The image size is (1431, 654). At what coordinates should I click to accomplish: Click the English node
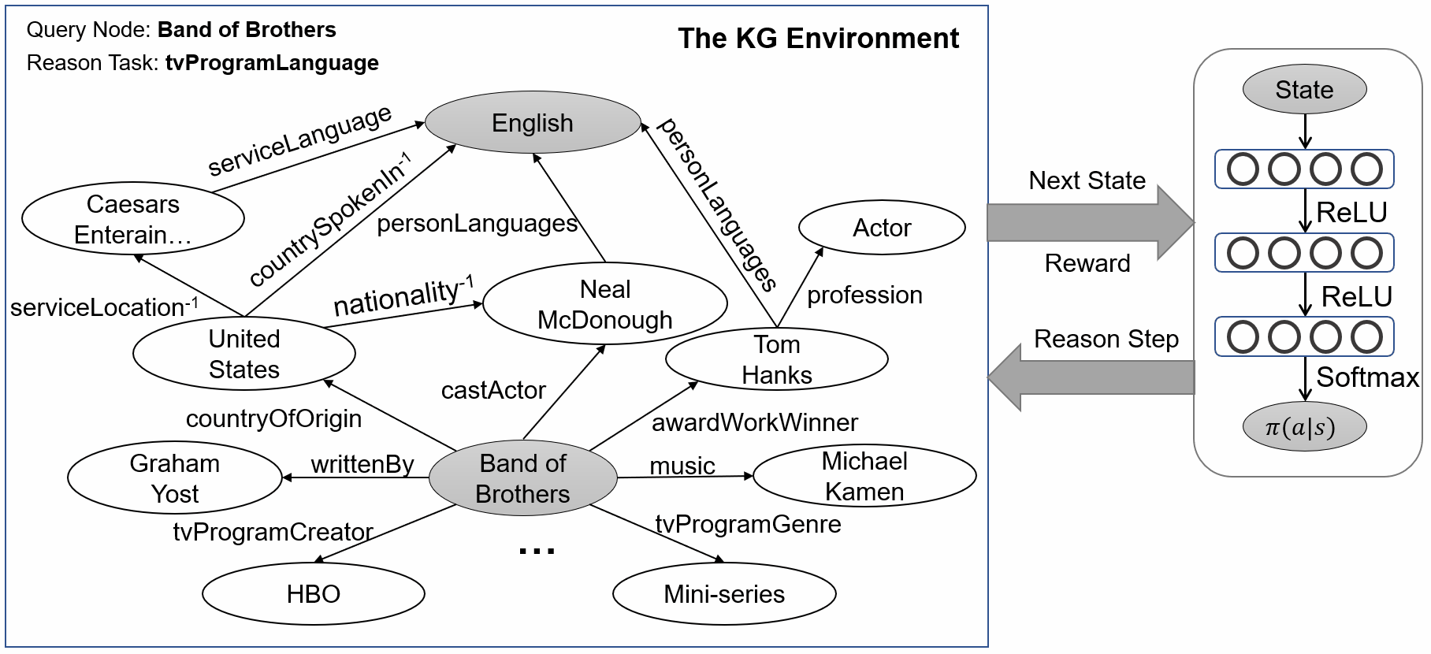coord(533,123)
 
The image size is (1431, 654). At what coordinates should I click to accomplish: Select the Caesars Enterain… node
coord(133,219)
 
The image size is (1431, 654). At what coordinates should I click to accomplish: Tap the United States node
coord(244,354)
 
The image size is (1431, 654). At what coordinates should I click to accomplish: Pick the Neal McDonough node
coord(604,305)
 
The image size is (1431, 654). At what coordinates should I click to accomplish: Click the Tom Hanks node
coord(776,359)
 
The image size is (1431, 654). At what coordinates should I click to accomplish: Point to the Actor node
coord(882,228)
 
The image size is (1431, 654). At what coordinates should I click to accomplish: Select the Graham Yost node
coord(175,478)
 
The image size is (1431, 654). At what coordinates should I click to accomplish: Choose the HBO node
coord(313,593)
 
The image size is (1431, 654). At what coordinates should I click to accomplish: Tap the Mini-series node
coord(724,593)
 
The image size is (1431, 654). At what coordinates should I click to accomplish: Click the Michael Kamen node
coord(864,476)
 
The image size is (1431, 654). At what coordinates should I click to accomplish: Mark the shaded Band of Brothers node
coord(523,478)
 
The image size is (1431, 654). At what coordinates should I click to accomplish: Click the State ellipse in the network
coord(1304,90)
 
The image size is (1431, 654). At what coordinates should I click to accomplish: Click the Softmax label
coord(1367,377)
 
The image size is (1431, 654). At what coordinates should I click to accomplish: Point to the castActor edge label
coord(493,390)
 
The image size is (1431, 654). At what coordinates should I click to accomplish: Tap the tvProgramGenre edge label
coord(748,524)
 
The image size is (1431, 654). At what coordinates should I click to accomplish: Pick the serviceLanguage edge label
coord(299,140)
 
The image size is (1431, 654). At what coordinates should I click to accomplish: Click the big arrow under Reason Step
coord(1091,379)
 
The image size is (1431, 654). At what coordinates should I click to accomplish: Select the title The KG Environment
coord(818,38)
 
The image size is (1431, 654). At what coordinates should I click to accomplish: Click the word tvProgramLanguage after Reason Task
coord(272,63)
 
